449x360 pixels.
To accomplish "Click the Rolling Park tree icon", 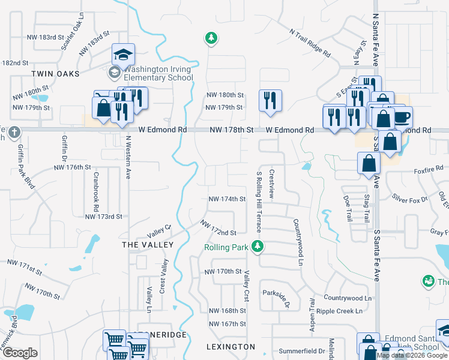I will point(258,247).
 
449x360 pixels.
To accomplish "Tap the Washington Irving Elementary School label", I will point(157,73).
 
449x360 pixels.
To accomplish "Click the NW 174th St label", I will point(227,199).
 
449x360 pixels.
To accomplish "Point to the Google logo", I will point(20,353).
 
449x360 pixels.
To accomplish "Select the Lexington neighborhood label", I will point(231,347).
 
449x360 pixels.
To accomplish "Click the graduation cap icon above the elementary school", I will point(123,55).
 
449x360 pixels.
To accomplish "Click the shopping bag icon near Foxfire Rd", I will point(368,163).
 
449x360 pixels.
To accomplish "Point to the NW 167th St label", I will point(228,324).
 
